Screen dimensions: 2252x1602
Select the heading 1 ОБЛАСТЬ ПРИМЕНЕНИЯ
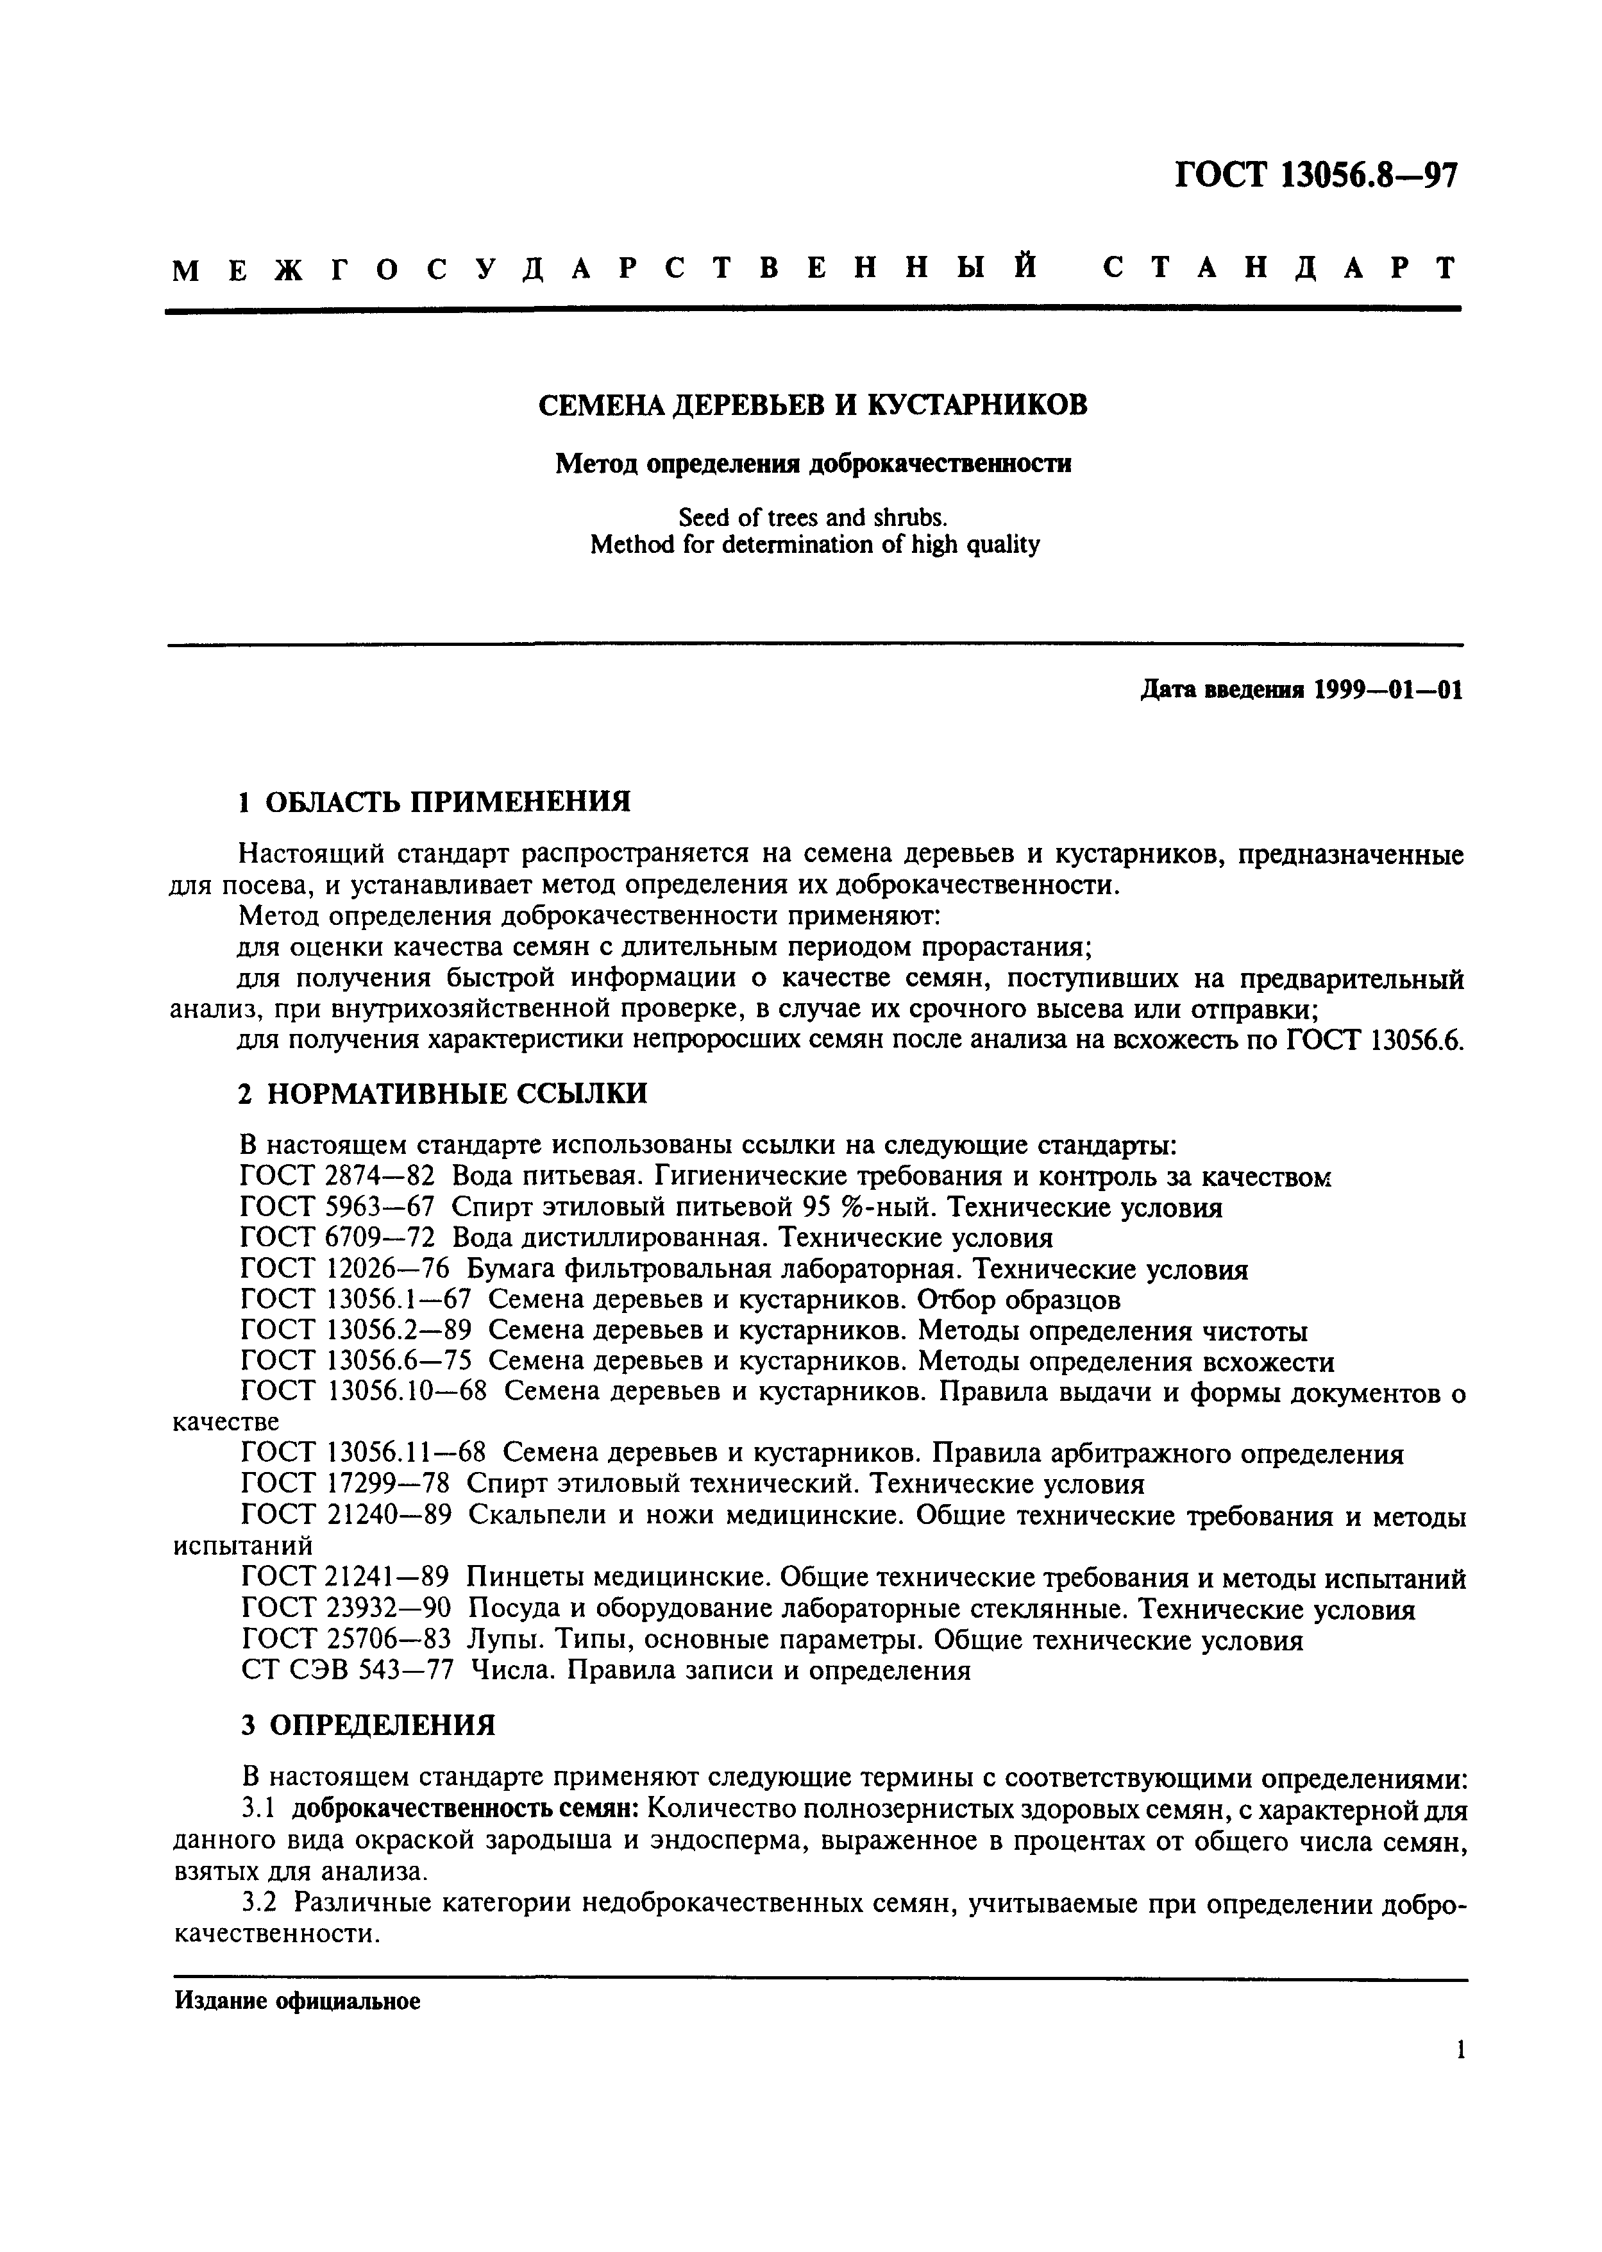pos(435,801)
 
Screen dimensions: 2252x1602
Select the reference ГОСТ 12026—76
pos(345,1269)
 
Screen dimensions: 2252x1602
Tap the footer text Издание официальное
pos(298,2001)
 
